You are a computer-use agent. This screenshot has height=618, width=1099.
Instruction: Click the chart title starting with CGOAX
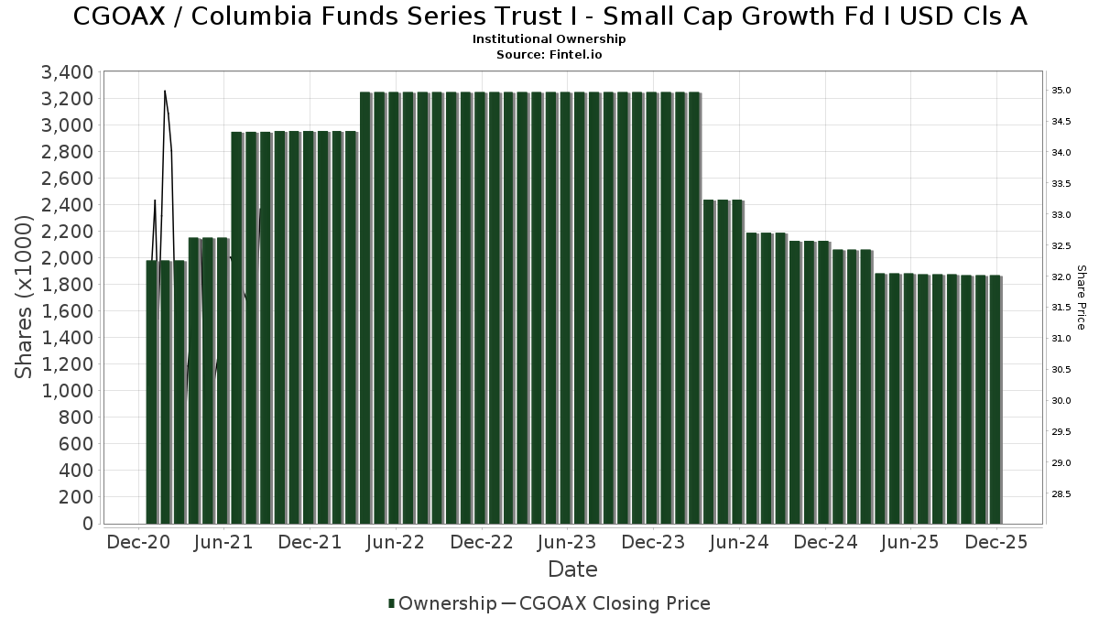point(549,16)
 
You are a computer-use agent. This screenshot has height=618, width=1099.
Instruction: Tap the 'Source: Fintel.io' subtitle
point(549,55)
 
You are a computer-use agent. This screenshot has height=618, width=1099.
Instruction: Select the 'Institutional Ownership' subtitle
point(549,39)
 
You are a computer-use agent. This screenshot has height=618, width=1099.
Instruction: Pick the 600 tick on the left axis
point(74,444)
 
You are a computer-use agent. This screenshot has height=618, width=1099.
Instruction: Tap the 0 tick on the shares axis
point(88,524)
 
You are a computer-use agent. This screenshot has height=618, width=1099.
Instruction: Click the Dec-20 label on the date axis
point(138,542)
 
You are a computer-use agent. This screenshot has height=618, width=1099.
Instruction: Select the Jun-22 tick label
point(395,542)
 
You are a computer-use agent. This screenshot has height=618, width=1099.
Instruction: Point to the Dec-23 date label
point(653,542)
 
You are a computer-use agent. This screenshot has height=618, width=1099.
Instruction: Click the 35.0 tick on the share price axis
point(1061,91)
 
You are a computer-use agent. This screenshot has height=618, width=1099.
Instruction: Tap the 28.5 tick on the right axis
point(1061,494)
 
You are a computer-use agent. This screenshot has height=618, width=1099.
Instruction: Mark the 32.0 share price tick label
point(1061,276)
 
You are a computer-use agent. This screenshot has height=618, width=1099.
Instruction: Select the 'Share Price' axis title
point(1081,298)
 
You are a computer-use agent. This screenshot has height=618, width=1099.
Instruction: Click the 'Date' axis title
point(572,569)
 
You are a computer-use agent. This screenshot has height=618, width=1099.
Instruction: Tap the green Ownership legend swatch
point(392,603)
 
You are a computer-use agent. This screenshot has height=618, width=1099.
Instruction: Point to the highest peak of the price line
point(165,92)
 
